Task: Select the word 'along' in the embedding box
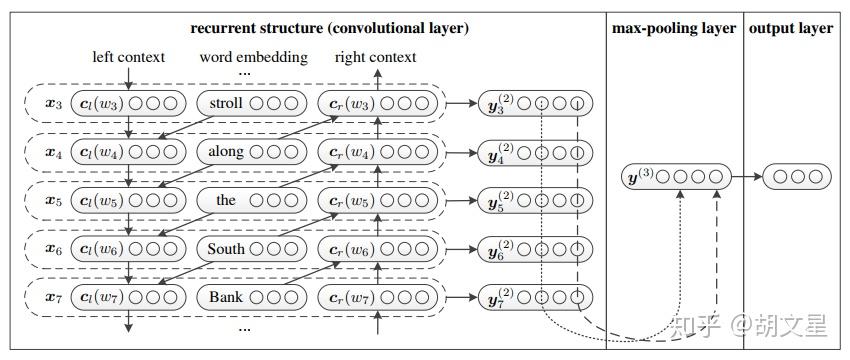(x=226, y=152)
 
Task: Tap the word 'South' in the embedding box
(x=226, y=248)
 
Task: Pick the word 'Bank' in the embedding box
(x=226, y=297)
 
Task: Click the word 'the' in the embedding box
(x=226, y=200)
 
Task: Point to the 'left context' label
(x=129, y=57)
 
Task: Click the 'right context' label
(x=375, y=57)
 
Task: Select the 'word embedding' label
(x=253, y=57)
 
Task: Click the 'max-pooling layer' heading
(x=674, y=28)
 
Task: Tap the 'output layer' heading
(x=790, y=28)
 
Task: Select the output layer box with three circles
(x=797, y=177)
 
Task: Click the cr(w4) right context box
(x=377, y=152)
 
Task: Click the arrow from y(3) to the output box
(x=747, y=177)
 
